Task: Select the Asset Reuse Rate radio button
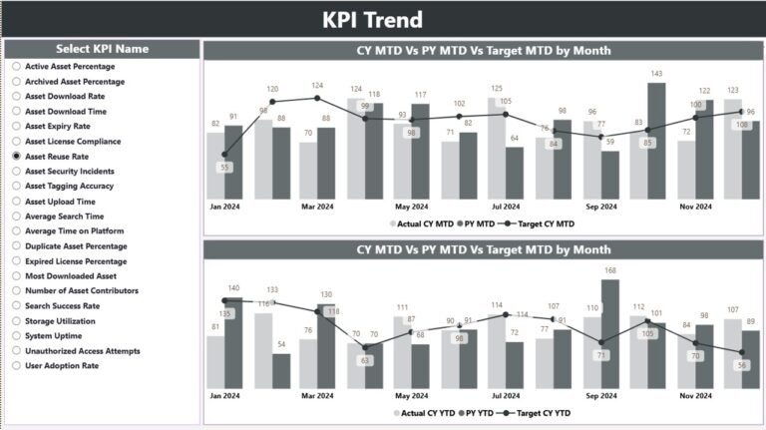(17, 157)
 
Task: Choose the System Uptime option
(17, 336)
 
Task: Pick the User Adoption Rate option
(17, 366)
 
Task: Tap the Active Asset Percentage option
(17, 67)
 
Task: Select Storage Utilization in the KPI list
(17, 321)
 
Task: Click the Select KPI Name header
(102, 49)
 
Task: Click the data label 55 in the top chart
(224, 167)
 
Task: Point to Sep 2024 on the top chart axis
(600, 207)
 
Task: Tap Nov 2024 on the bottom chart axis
(695, 395)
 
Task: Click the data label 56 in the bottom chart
(741, 365)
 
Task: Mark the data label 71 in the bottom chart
(601, 354)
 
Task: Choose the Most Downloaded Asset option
(17, 276)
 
